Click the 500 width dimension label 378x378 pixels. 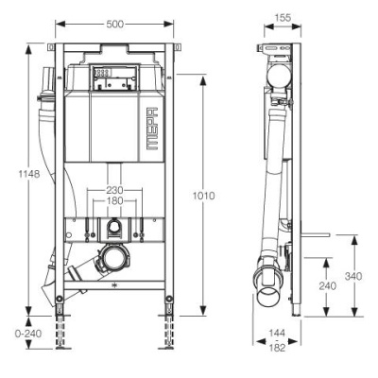point(114,25)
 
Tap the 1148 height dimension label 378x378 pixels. point(29,174)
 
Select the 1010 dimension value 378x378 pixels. point(203,196)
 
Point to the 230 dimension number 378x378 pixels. point(114,190)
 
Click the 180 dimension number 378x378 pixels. point(114,200)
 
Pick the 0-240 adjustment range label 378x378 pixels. point(28,334)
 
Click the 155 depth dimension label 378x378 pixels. point(283,18)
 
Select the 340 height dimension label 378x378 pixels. point(353,276)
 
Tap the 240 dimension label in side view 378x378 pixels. point(328,285)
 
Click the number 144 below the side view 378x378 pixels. point(277,333)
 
